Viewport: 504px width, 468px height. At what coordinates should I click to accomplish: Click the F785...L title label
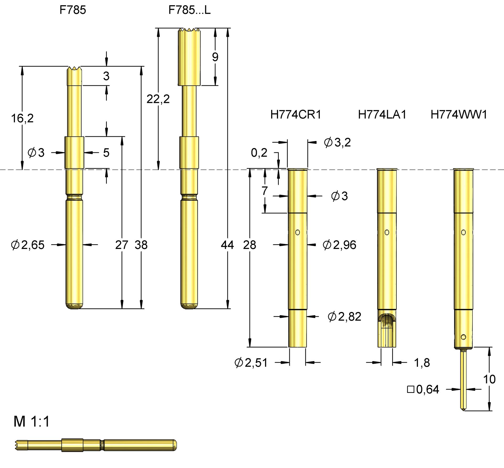189,10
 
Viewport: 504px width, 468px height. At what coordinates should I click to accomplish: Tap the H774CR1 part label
296,115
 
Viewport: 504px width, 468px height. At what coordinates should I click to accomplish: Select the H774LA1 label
382,115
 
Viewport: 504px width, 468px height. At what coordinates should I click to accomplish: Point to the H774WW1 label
459,115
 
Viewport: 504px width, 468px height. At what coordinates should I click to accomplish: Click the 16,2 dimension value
22,118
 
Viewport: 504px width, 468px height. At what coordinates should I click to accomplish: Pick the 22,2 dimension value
158,99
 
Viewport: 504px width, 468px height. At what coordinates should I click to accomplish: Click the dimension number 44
227,245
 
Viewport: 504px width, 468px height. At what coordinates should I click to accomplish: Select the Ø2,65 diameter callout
28,245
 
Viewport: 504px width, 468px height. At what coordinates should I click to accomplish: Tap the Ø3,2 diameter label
337,142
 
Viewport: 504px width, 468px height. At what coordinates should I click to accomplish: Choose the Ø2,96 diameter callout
339,245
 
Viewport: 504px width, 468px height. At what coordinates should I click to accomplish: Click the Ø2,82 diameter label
344,316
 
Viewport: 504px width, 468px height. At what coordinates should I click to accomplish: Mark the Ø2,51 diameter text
251,362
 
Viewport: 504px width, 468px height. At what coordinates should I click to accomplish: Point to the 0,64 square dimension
423,389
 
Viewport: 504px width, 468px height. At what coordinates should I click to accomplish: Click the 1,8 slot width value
422,363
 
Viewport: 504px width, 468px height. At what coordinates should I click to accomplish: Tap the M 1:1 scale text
31,422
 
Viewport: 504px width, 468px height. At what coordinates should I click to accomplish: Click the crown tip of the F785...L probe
189,30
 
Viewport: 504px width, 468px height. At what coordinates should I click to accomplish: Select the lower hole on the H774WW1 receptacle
463,337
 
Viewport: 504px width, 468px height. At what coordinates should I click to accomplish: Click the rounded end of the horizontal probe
175,445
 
